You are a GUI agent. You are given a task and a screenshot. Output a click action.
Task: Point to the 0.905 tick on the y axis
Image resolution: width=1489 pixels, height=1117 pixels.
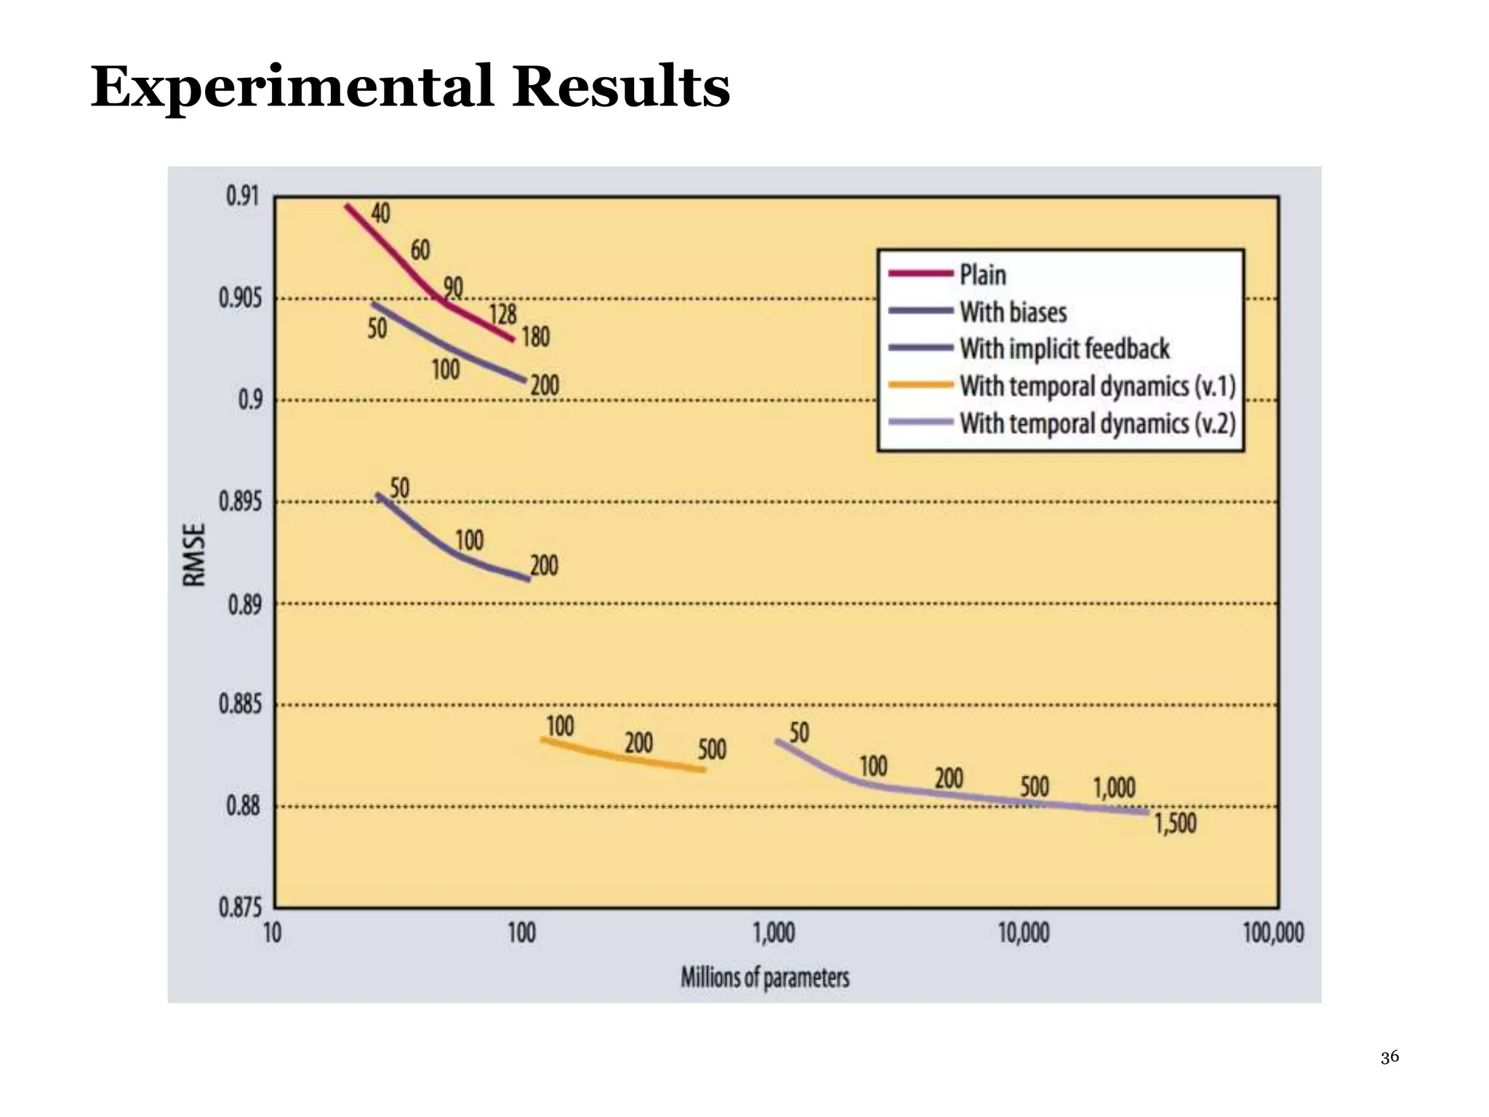[x=239, y=298]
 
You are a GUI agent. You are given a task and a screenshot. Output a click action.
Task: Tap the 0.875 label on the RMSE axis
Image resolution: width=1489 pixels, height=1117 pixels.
[x=239, y=908]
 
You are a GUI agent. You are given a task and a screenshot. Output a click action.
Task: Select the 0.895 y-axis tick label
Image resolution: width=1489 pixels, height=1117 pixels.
[x=239, y=502]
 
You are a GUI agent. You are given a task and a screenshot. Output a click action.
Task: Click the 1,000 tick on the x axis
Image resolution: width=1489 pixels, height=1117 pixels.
[x=774, y=933]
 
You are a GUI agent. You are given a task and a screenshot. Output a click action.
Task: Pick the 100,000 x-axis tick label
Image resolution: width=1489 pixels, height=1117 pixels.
[x=1273, y=933]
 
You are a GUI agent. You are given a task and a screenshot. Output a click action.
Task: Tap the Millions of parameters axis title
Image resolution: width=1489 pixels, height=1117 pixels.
[x=765, y=977]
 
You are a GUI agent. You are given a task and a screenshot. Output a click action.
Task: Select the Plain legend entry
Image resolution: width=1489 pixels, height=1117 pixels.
[x=983, y=275]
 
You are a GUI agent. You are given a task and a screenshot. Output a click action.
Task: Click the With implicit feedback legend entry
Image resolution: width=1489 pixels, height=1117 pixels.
[x=1064, y=349]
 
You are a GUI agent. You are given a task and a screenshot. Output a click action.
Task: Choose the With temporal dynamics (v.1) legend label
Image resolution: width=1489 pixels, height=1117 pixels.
[x=1097, y=386]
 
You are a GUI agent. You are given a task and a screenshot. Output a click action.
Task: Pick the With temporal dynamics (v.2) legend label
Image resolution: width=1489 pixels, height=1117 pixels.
[x=1097, y=423]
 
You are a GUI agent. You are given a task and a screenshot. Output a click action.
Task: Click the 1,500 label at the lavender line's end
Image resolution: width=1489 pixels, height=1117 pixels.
[x=1176, y=824]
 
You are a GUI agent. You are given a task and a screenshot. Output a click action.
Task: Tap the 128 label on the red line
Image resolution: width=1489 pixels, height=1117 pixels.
[x=502, y=314]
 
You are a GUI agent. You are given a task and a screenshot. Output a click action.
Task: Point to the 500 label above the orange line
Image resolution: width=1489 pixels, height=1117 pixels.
[x=712, y=750]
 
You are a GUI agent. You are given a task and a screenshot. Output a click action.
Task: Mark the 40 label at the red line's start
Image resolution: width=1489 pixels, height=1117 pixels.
[x=380, y=213]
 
